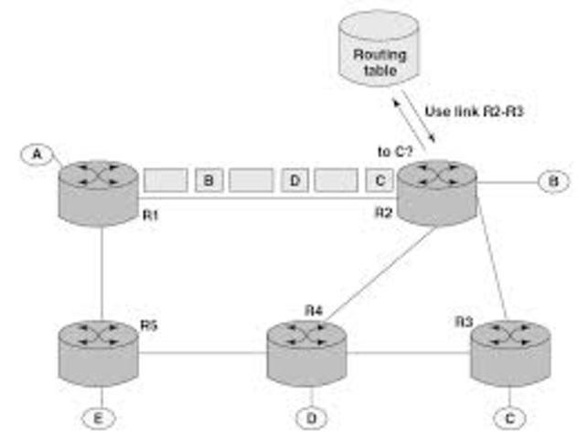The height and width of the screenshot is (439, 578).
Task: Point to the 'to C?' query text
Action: click(392, 152)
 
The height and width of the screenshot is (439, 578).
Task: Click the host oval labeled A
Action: click(37, 155)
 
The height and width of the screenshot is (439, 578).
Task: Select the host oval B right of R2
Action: click(551, 182)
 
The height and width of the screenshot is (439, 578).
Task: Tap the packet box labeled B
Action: click(209, 180)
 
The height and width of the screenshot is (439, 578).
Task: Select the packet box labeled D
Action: click(294, 180)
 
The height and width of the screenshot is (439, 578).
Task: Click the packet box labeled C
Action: click(380, 180)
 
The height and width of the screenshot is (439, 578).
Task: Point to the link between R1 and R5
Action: click(100, 265)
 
